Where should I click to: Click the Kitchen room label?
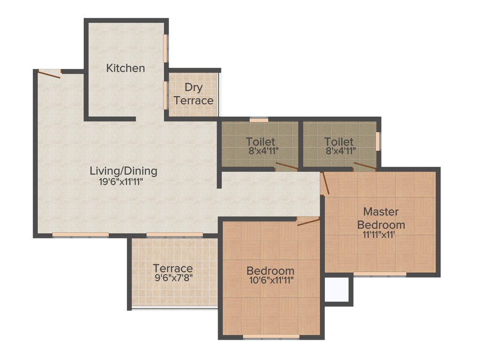(125, 68)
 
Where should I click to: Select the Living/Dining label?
(123, 171)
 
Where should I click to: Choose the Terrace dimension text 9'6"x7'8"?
(173, 278)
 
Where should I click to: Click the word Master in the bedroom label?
(381, 211)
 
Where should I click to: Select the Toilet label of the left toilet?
(260, 142)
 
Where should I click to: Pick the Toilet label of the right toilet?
(338, 142)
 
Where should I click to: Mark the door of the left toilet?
(286, 166)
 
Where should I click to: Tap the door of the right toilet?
(365, 166)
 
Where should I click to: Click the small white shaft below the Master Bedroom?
(337, 290)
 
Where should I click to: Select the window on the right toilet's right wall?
(378, 141)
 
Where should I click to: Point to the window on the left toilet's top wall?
(259, 120)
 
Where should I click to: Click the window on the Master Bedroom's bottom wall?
(380, 274)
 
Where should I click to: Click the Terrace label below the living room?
(173, 269)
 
